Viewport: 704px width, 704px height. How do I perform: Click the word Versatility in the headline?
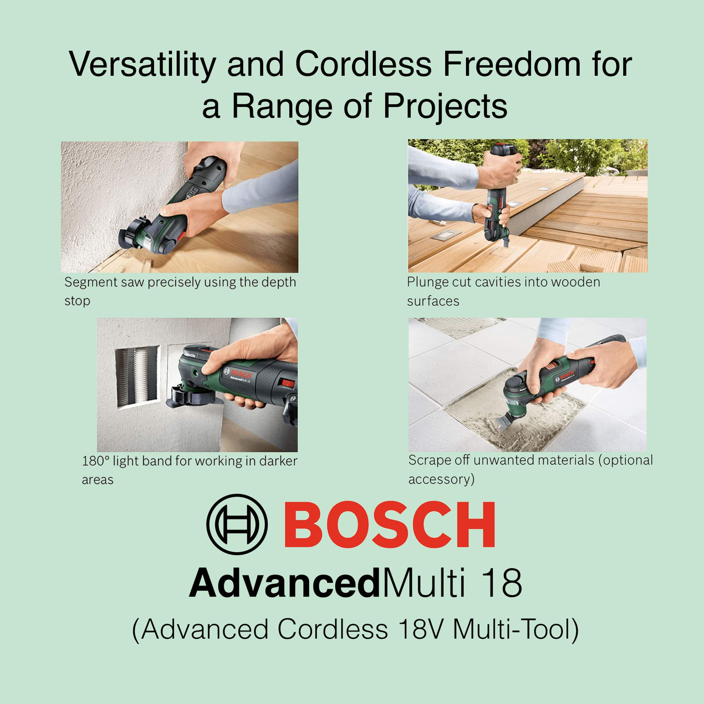(142, 65)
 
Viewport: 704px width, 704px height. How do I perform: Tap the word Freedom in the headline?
(512, 64)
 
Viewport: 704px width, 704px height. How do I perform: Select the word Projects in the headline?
(445, 106)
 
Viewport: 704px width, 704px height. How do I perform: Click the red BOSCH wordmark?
(389, 524)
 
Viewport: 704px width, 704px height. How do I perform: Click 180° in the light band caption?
(96, 461)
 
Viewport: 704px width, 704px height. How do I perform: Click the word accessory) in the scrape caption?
(441, 479)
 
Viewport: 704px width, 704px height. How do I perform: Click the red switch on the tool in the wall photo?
(288, 383)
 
